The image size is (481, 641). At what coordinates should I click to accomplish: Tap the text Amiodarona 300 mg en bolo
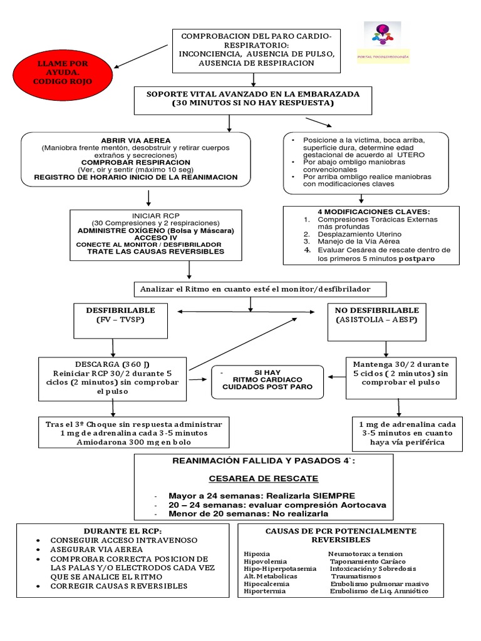pos(133,443)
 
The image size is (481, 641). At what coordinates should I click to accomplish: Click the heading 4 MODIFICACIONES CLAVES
pos(365,212)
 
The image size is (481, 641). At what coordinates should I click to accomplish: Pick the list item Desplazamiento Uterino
pos(353,233)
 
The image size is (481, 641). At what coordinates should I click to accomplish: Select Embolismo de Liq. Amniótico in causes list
pos(379,592)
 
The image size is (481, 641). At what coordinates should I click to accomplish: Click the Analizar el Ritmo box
pos(260,289)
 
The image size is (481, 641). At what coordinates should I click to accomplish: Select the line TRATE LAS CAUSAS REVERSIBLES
pos(155,252)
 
